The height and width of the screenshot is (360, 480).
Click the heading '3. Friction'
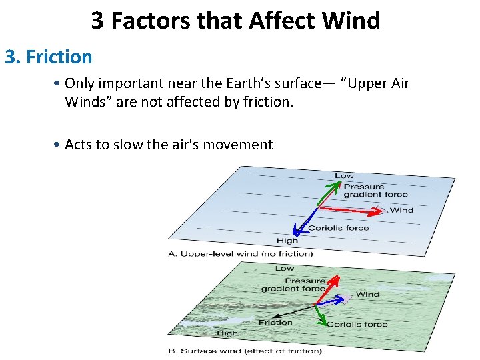tap(49, 57)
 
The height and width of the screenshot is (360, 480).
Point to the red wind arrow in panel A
tap(353, 209)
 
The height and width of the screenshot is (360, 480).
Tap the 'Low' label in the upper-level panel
tap(344, 175)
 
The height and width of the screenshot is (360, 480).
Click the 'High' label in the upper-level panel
tap(287, 241)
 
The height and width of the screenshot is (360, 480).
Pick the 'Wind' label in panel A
tap(401, 210)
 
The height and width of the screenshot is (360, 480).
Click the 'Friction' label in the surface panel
tap(275, 323)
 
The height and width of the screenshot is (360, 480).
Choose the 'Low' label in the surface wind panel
tap(285, 268)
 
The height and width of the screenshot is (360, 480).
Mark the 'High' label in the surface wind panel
tap(227, 333)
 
